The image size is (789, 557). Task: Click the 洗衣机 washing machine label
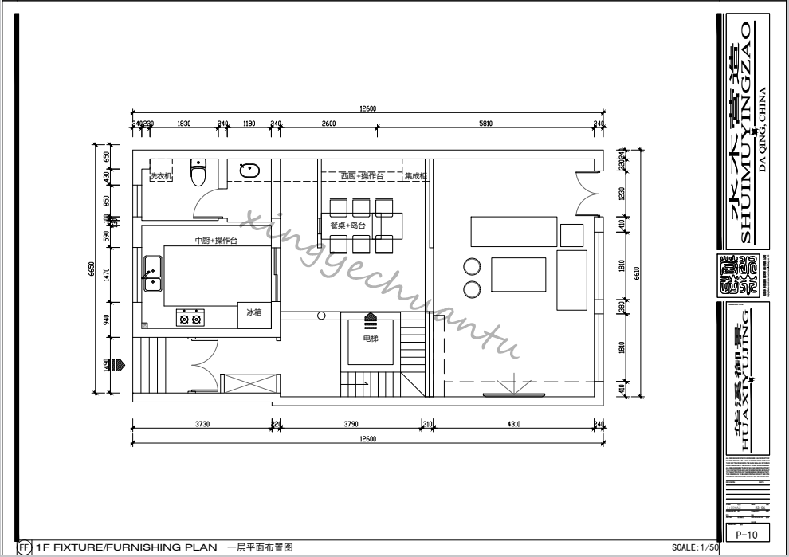[161, 177]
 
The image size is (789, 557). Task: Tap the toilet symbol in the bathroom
[199, 171]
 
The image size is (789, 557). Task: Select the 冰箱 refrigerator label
[253, 313]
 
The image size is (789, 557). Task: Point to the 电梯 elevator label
[370, 339]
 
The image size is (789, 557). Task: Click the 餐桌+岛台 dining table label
[347, 226]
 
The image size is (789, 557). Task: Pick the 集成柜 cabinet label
[416, 176]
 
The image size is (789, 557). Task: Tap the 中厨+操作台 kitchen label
[216, 241]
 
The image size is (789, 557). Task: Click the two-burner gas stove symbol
[190, 318]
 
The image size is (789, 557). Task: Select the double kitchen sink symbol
[151, 273]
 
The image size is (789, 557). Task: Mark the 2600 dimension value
[328, 124]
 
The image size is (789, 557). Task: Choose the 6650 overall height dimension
[92, 271]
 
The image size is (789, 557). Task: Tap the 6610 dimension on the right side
[636, 271]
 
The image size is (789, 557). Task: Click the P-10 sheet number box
[740, 535]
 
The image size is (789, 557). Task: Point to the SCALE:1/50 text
[696, 548]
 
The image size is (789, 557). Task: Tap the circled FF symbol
[25, 547]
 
